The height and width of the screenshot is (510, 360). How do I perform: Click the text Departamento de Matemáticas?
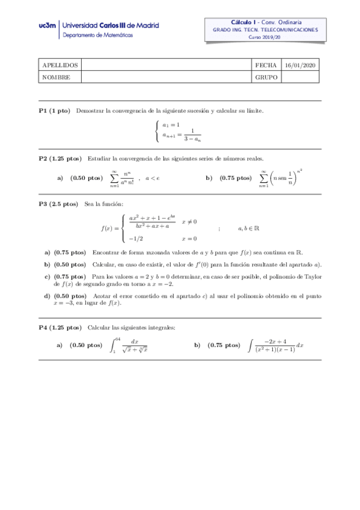(x=99, y=35)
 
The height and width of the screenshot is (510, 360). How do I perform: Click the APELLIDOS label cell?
(x=59, y=65)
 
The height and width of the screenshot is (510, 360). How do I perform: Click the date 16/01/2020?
(x=301, y=65)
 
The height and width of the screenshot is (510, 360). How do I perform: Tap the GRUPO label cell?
(x=265, y=77)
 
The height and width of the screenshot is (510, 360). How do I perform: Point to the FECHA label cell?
(x=265, y=65)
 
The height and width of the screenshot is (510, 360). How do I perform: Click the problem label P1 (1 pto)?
(x=54, y=111)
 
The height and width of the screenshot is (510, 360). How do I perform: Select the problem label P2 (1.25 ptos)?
(x=60, y=159)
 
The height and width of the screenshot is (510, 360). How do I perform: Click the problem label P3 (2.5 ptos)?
(x=58, y=204)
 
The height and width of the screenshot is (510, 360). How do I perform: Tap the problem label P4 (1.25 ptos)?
(x=60, y=327)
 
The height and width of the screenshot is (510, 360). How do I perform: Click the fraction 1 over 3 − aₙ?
(x=192, y=135)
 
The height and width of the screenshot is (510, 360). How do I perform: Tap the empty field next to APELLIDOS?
(x=166, y=65)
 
